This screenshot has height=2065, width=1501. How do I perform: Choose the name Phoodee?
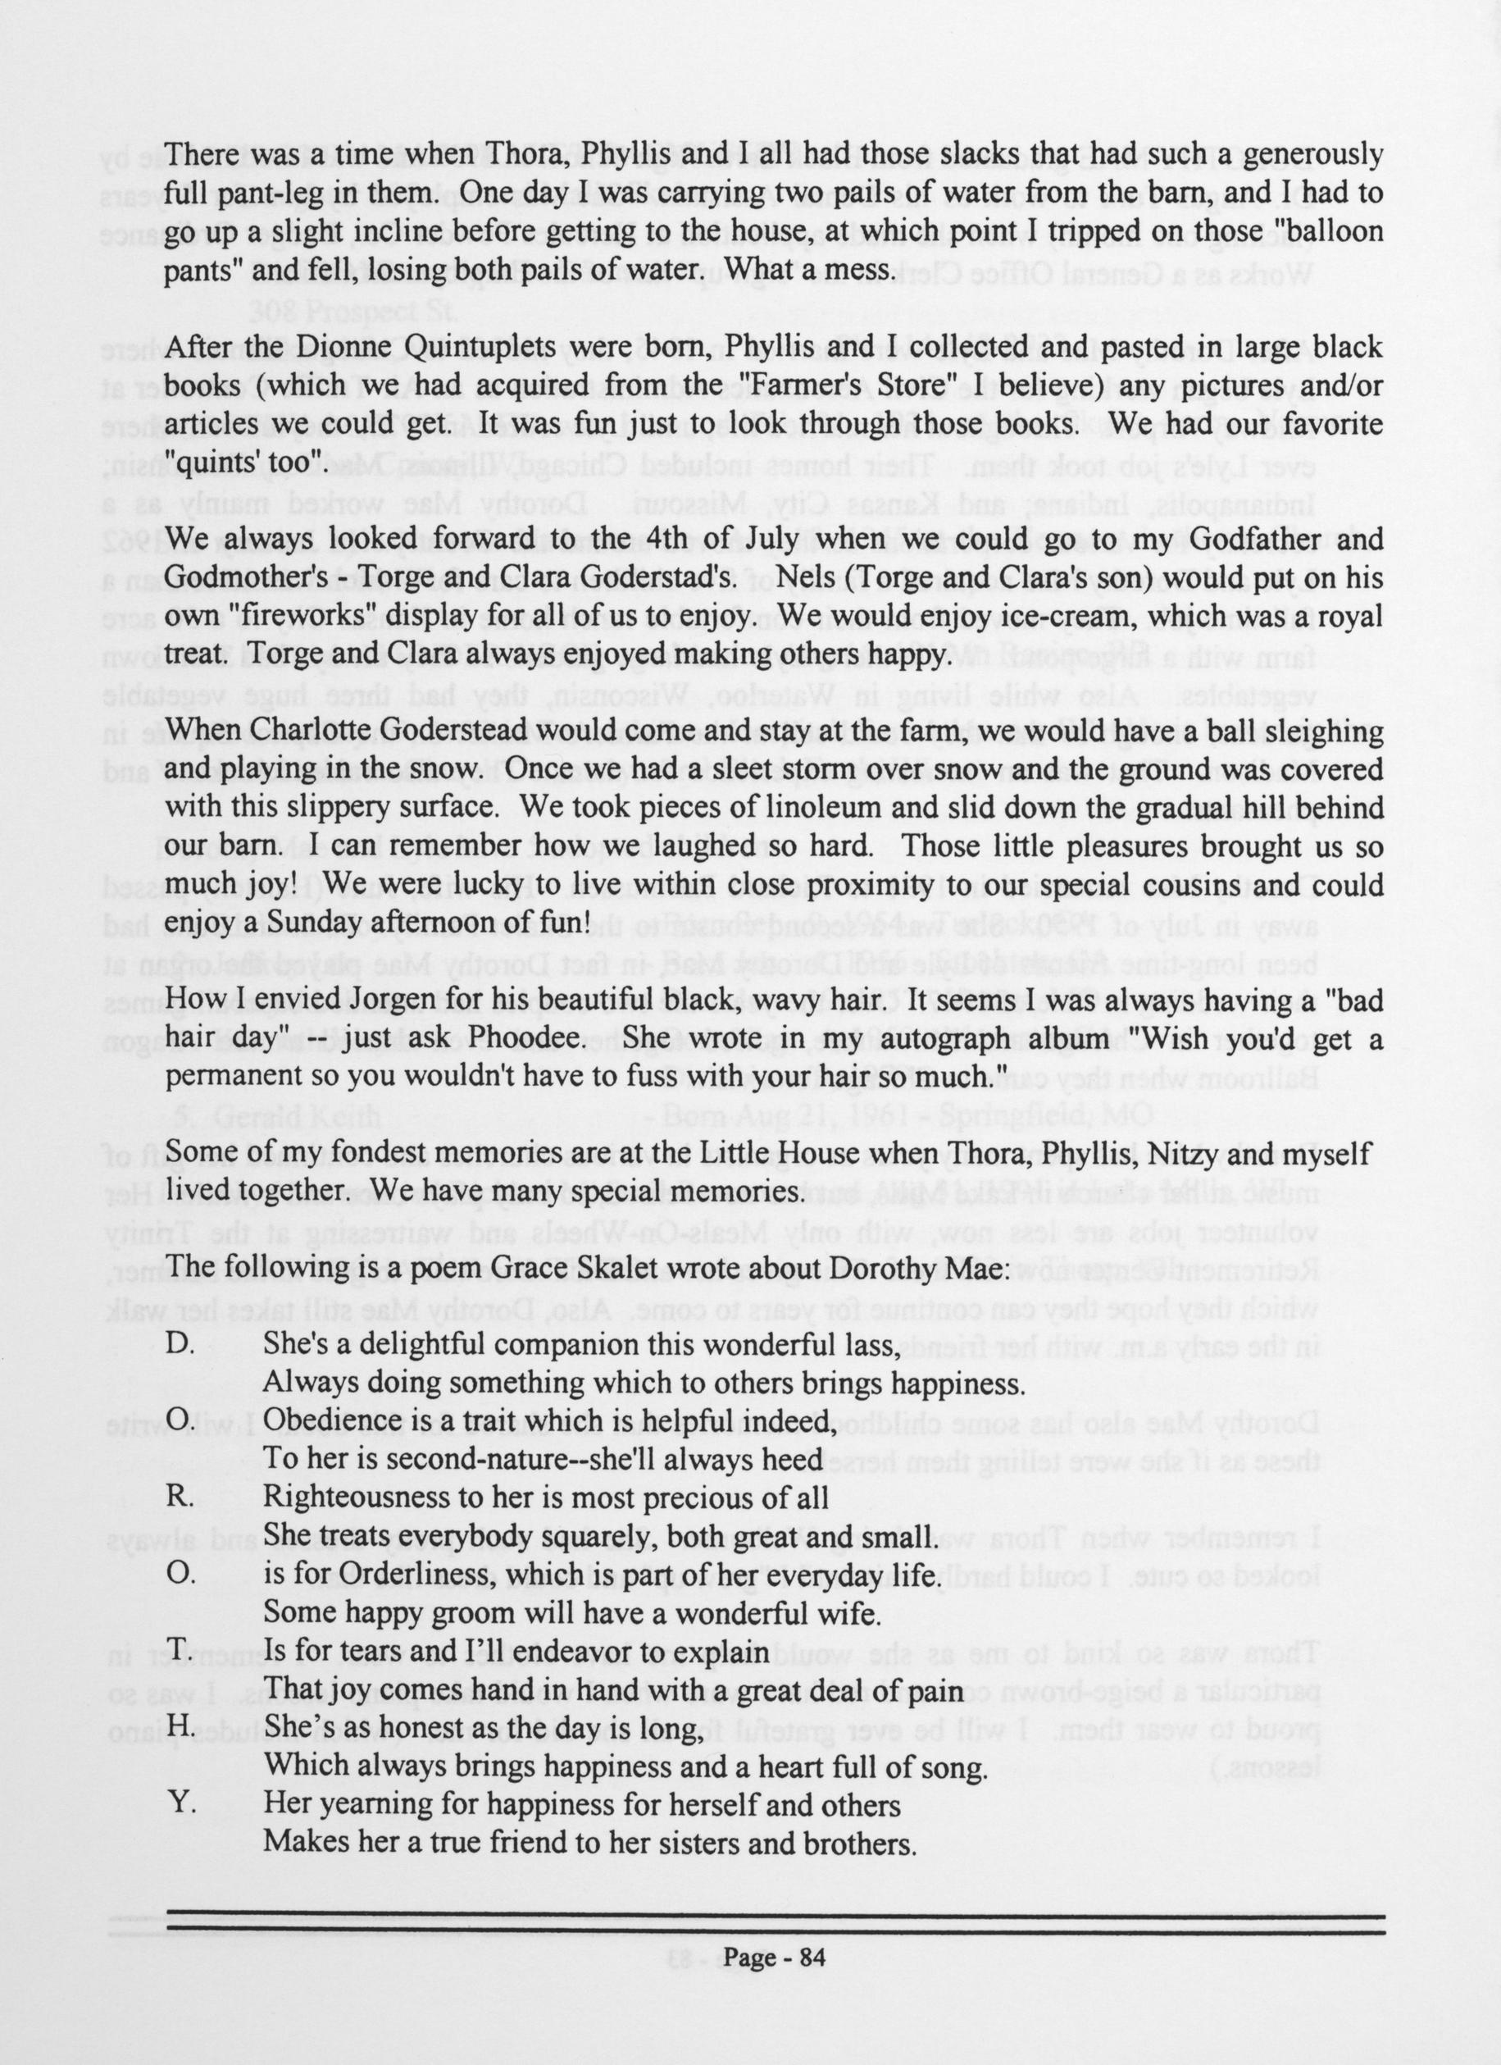[x=544, y=1038]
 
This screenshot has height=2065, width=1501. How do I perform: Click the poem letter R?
[x=179, y=1496]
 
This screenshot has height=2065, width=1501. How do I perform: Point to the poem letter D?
[x=179, y=1344]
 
